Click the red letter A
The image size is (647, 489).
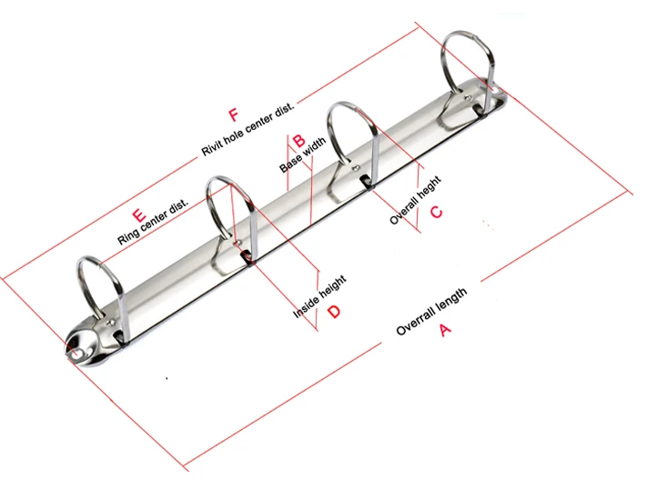pyautogui.click(x=445, y=331)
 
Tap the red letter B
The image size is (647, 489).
pyautogui.click(x=298, y=141)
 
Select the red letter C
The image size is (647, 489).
pyautogui.click(x=436, y=212)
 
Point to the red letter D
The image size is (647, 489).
pyautogui.click(x=334, y=312)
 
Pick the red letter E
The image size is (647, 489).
pyautogui.click(x=138, y=216)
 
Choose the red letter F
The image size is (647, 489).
pyautogui.click(x=233, y=115)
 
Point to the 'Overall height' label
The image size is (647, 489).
pyautogui.click(x=416, y=200)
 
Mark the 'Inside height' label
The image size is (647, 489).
pyautogui.click(x=318, y=297)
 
